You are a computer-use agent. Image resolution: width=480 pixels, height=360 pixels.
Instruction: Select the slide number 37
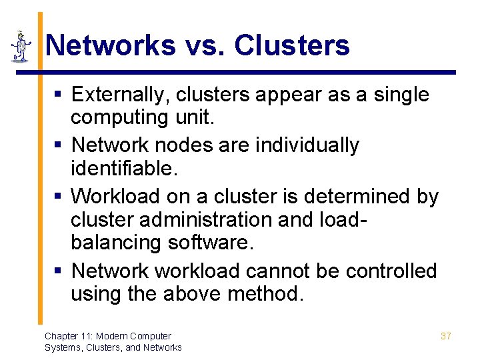[446, 336]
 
